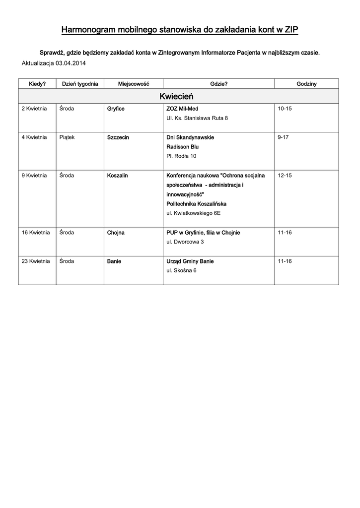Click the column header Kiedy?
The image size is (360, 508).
37,84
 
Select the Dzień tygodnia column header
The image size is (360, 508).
79,84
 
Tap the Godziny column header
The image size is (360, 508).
306,84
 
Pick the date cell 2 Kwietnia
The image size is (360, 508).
34,109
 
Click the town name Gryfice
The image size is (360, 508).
116,109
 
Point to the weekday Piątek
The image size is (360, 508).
67,137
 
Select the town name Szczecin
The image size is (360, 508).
118,137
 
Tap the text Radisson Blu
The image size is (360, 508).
182,146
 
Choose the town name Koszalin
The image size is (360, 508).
118,175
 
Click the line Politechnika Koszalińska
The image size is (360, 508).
196,203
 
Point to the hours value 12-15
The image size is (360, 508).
285,175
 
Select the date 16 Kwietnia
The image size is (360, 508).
36,232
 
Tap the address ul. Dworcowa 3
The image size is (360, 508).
185,242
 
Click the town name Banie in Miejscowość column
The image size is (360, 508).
114,261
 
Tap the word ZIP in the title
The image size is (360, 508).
291,30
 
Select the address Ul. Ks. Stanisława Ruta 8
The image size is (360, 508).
197,118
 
